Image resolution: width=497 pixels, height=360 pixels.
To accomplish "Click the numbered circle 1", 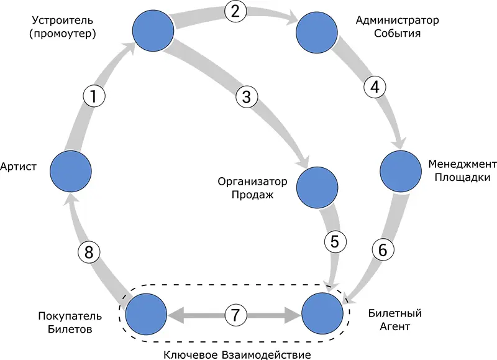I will tap(94, 96).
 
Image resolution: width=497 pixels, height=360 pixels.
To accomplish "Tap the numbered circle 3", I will tap(247, 97).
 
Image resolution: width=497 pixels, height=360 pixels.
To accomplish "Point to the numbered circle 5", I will tap(334, 242).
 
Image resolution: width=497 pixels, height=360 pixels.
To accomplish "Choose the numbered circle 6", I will tap(383, 250).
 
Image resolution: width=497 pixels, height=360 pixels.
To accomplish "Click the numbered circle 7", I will tap(235, 315).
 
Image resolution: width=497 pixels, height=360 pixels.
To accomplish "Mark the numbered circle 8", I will tap(88, 252).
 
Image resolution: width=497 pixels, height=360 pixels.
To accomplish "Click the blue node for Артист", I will tap(71, 169).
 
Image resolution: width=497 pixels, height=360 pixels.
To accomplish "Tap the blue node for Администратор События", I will tap(317, 29).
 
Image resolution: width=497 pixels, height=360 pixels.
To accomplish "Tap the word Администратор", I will tap(397, 20).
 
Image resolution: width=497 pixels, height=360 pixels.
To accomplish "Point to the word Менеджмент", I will tap(462, 164).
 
